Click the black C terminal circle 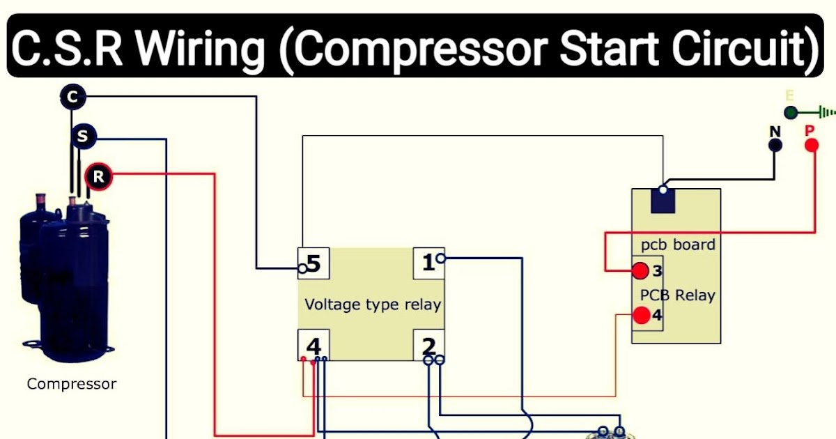pos(72,96)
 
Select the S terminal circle pos(83,137)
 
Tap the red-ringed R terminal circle pos(98,177)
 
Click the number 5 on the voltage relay pos(313,264)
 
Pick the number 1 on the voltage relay pos(428,263)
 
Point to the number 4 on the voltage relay pos(313,346)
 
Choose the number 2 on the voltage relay pos(428,346)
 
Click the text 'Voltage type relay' pos(373,305)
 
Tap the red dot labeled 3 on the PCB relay pos(640,270)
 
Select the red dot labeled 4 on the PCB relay pos(641,316)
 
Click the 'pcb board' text pos(677,245)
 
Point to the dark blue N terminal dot pos(775,145)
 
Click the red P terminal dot pos(811,145)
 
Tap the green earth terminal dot pos(790,112)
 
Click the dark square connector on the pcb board pos(663,199)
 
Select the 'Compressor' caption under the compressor pos(72,384)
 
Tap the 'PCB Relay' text pos(677,295)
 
